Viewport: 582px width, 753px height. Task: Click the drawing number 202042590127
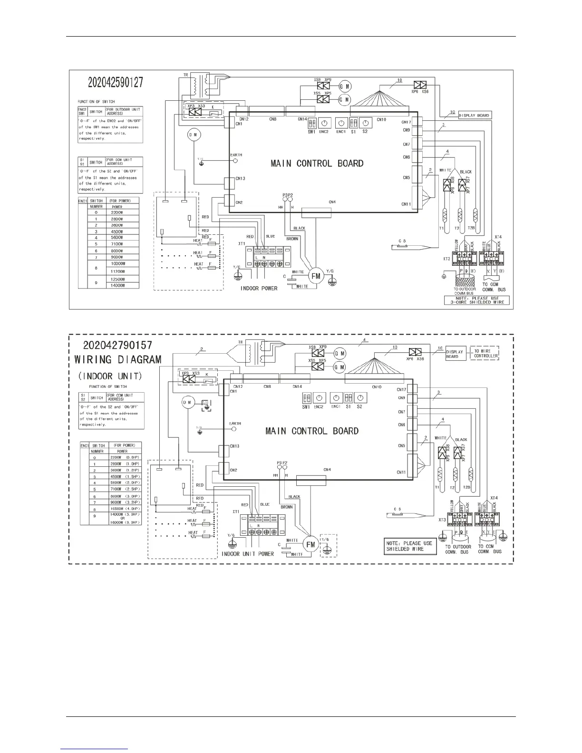point(116,82)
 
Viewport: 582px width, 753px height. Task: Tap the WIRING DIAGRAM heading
point(118,359)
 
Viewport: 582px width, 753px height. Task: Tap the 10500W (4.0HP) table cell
point(125,509)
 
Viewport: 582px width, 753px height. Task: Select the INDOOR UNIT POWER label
point(248,554)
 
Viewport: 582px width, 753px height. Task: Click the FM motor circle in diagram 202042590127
point(314,275)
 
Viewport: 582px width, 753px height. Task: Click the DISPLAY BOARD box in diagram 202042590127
point(474,116)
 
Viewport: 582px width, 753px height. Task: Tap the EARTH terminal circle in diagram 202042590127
point(236,161)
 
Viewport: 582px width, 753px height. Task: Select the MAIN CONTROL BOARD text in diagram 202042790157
point(312,431)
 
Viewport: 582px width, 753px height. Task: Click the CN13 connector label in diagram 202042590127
point(241,179)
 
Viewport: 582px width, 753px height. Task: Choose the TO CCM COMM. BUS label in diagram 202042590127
point(494,287)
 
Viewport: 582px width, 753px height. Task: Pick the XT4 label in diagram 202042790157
point(495,497)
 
